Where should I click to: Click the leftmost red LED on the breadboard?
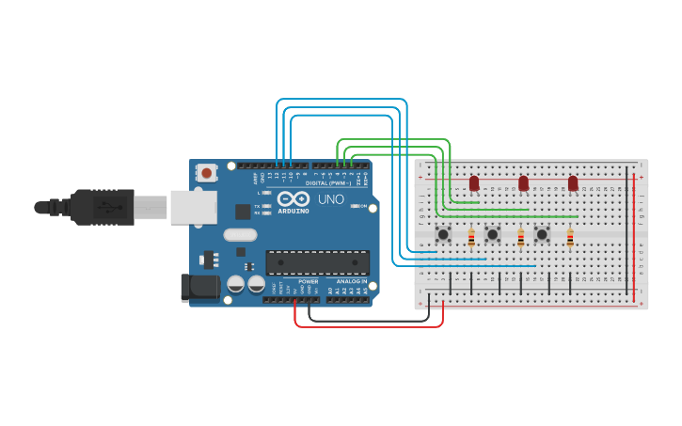click(x=474, y=182)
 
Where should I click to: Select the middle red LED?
click(x=523, y=182)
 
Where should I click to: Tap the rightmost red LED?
click(x=573, y=182)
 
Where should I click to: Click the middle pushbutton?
click(x=492, y=233)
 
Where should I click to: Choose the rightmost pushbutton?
click(x=542, y=233)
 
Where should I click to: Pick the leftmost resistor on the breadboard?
click(x=471, y=240)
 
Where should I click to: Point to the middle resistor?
click(x=521, y=240)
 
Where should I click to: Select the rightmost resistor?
click(x=570, y=240)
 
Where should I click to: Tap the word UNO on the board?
click(x=330, y=200)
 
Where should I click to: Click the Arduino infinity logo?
click(x=293, y=199)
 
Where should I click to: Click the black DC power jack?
click(x=198, y=287)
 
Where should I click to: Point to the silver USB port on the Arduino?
click(x=193, y=207)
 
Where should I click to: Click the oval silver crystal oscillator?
click(x=240, y=235)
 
